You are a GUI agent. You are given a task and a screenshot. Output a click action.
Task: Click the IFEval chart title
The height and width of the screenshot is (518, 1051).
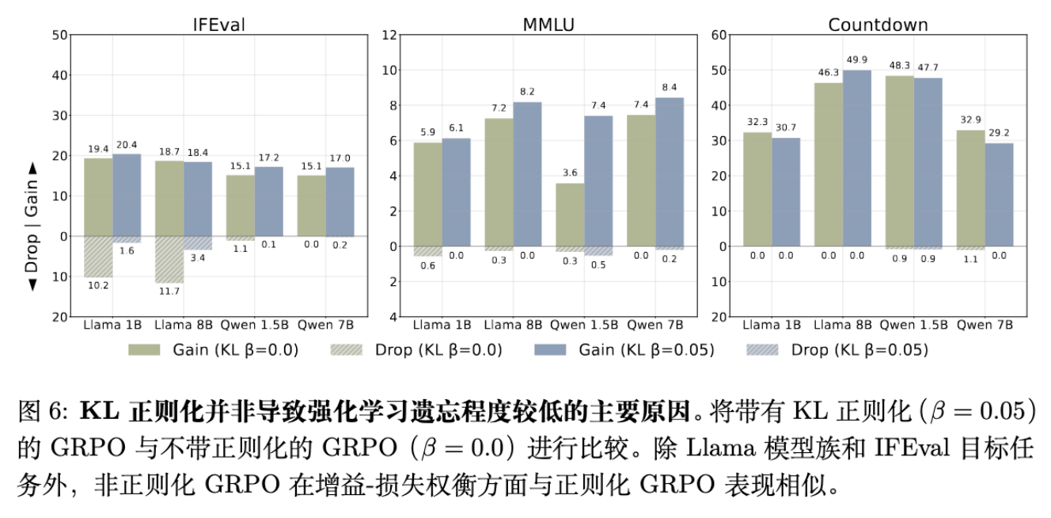pos(219,25)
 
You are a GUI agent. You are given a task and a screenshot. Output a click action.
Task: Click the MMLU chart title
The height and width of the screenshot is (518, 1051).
pos(548,25)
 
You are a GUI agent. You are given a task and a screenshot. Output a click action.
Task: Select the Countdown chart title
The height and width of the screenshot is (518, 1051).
pos(878,25)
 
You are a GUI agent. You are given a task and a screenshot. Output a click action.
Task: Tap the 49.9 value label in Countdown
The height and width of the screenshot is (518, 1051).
pos(856,60)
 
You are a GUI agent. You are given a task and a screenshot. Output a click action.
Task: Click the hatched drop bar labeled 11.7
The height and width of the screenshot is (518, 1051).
pos(169,260)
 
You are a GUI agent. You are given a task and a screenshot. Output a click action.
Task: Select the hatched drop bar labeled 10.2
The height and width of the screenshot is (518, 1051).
pos(98,257)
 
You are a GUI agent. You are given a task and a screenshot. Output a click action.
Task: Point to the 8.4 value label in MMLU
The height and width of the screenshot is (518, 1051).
pos(670,87)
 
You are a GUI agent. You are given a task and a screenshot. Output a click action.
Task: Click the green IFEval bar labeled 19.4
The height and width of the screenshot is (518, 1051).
pos(98,197)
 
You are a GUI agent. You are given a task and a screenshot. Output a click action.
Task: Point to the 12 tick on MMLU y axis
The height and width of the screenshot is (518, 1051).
pos(389,35)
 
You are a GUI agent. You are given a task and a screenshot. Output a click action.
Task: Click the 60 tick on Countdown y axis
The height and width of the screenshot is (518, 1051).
pos(719,35)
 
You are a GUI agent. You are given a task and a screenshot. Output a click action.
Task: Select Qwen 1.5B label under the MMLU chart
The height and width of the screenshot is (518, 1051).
pos(584,325)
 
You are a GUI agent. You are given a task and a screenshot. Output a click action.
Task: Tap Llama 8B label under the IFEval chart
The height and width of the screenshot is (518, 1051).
pos(184,325)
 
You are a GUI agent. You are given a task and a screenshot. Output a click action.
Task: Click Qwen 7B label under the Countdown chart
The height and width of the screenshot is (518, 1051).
pos(985,325)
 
